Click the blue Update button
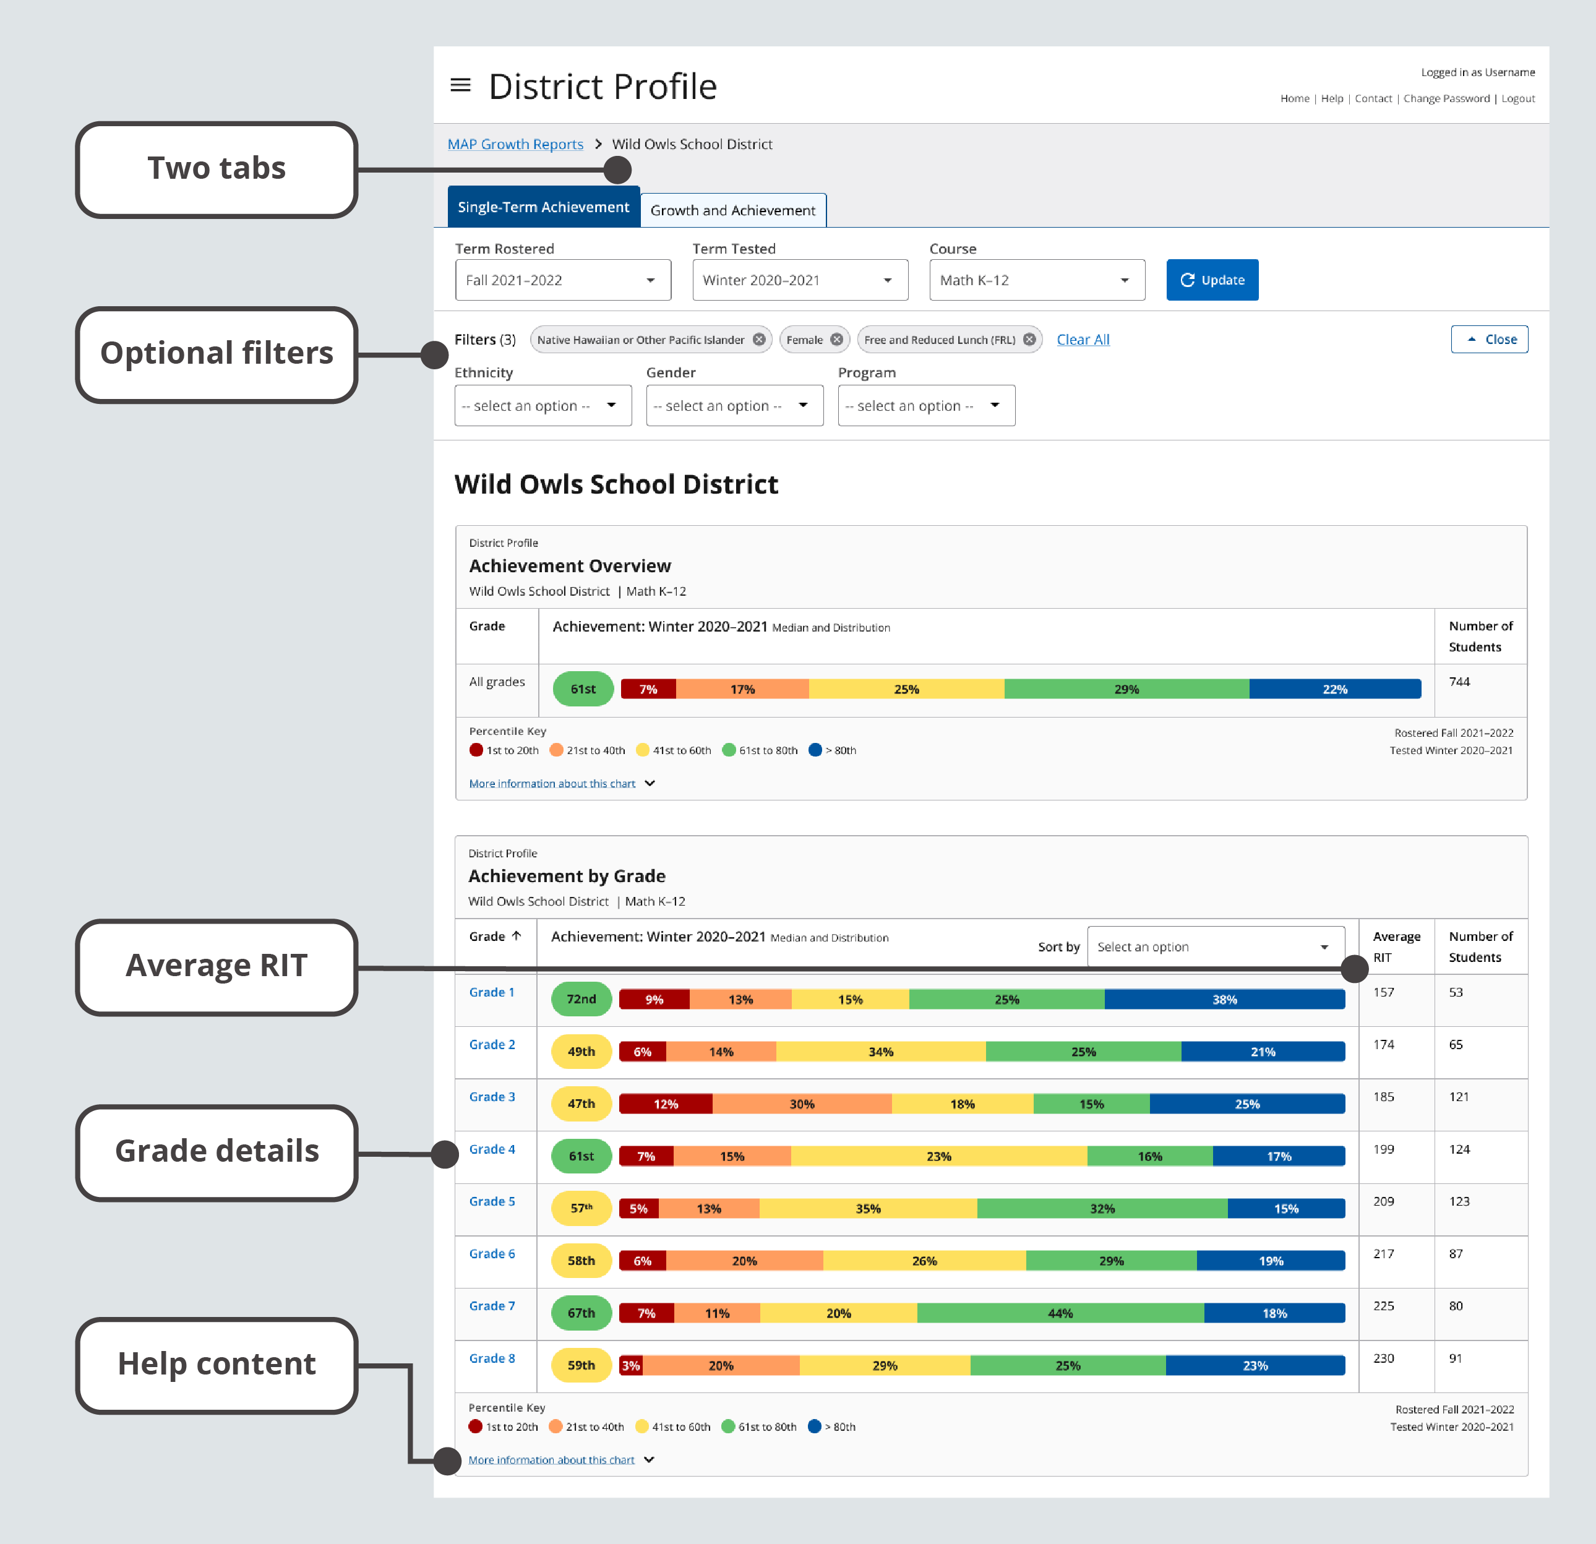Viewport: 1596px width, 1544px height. (x=1212, y=280)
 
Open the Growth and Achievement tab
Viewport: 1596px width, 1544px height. (x=733, y=210)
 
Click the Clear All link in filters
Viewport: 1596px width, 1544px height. (x=1082, y=340)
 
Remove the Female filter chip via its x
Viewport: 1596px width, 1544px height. (x=836, y=340)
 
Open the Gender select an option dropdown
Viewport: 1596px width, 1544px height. (x=734, y=406)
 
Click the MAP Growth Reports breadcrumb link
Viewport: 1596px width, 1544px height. (x=515, y=144)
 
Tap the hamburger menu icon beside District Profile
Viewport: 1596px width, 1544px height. (x=461, y=85)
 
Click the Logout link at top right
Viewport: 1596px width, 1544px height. (x=1518, y=98)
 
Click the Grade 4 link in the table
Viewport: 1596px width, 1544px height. (x=492, y=1149)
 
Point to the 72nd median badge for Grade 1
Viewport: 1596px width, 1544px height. (x=581, y=999)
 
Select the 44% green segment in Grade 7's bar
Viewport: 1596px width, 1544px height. (x=1060, y=1313)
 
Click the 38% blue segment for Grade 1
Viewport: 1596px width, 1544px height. (x=1224, y=999)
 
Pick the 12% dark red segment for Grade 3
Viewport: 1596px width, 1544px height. (x=665, y=1104)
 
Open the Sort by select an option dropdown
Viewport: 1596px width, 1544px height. (x=1215, y=947)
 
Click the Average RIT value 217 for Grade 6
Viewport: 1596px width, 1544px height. (x=1383, y=1254)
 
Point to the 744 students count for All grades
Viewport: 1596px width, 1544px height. (x=1459, y=682)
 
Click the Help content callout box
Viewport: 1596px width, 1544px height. (x=217, y=1365)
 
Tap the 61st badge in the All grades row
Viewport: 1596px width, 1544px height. (x=583, y=689)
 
